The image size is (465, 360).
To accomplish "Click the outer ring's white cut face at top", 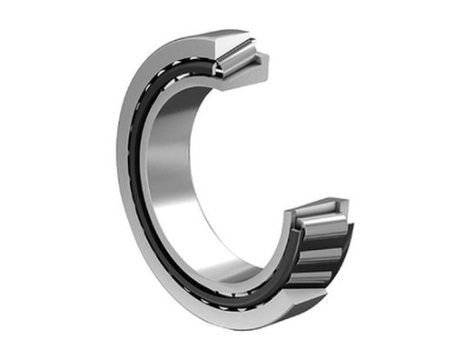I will pos(232,42).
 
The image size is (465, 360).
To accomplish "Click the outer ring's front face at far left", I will pos(126,164).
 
